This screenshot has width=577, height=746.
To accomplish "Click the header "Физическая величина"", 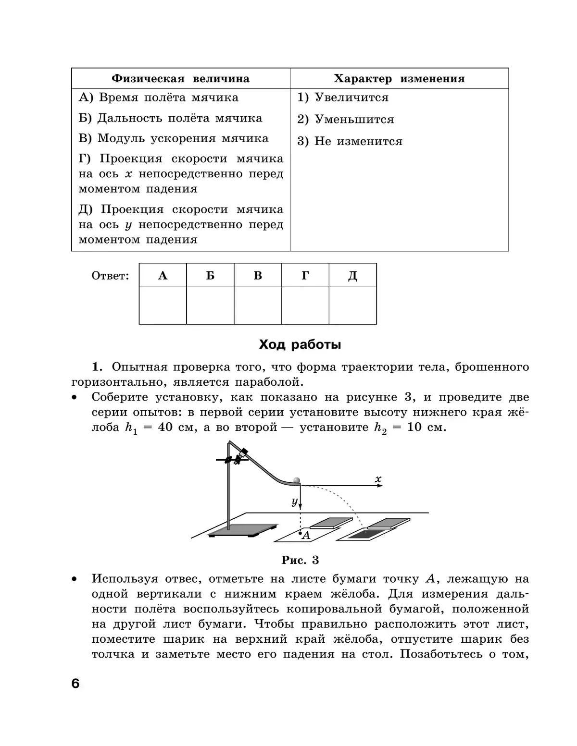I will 180,79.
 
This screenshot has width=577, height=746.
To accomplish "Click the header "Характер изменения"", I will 399,79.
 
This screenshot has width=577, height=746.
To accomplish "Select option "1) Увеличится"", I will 343,98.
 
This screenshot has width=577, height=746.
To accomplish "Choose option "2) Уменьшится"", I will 346,120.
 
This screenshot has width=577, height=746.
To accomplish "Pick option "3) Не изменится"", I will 350,142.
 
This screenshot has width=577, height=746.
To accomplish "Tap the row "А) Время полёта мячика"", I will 159,98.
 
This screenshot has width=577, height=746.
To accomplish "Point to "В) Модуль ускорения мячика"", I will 174,139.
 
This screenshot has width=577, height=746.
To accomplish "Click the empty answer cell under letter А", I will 163,306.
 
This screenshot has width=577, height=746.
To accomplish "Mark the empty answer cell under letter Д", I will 352,306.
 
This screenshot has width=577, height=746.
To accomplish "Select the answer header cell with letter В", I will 258,276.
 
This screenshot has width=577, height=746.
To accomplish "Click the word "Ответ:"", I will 110,276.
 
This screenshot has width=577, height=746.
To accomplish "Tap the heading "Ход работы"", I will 300,344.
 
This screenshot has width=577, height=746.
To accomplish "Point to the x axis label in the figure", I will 378,479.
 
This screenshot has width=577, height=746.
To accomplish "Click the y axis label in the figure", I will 294,501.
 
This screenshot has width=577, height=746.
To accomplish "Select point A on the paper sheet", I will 301,533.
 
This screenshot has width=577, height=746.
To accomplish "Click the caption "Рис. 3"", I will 300,560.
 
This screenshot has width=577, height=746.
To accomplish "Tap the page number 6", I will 75,683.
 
